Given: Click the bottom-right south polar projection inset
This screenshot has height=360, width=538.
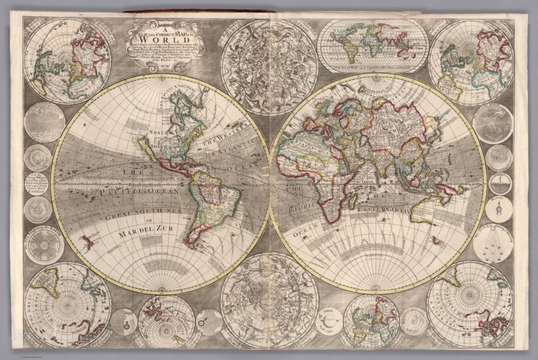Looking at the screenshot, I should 469,303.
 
